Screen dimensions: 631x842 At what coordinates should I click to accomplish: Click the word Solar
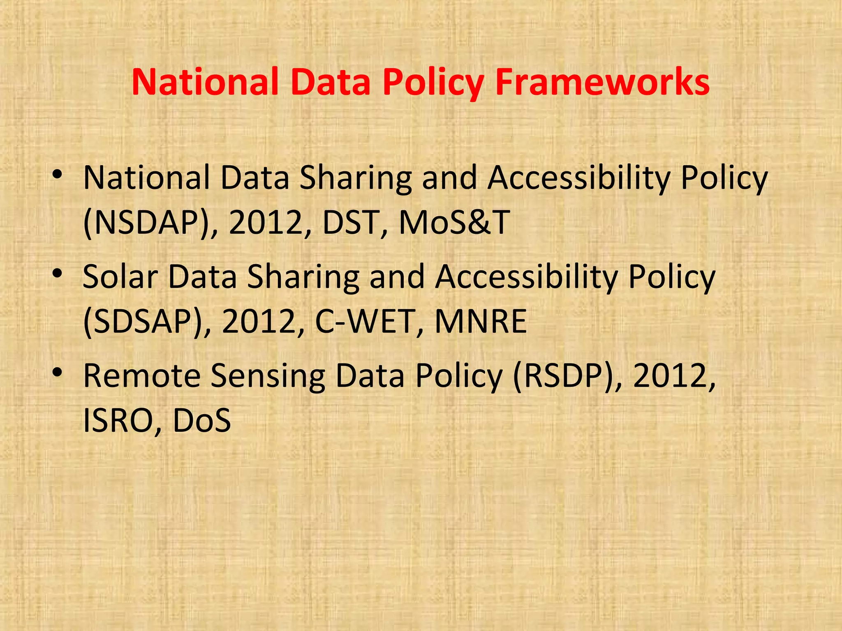pyautogui.click(x=120, y=276)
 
